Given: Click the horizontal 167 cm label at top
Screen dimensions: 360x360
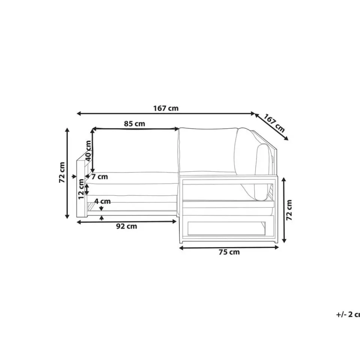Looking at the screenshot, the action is click(166, 108).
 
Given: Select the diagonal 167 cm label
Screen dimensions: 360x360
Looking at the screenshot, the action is click(274, 123).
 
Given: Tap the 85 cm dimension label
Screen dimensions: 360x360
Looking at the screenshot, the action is click(135, 124).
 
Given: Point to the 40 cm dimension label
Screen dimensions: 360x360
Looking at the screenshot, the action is click(88, 151).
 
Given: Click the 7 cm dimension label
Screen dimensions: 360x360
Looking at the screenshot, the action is click(100, 177).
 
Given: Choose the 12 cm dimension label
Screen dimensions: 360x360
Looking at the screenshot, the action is click(81, 189).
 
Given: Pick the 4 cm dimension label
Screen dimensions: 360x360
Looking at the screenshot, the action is click(103, 201).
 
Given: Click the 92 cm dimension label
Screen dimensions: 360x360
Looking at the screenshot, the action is click(126, 226).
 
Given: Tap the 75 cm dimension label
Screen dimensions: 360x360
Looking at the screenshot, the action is click(229, 252).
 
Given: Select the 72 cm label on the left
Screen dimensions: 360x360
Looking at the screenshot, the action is click(62, 172).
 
